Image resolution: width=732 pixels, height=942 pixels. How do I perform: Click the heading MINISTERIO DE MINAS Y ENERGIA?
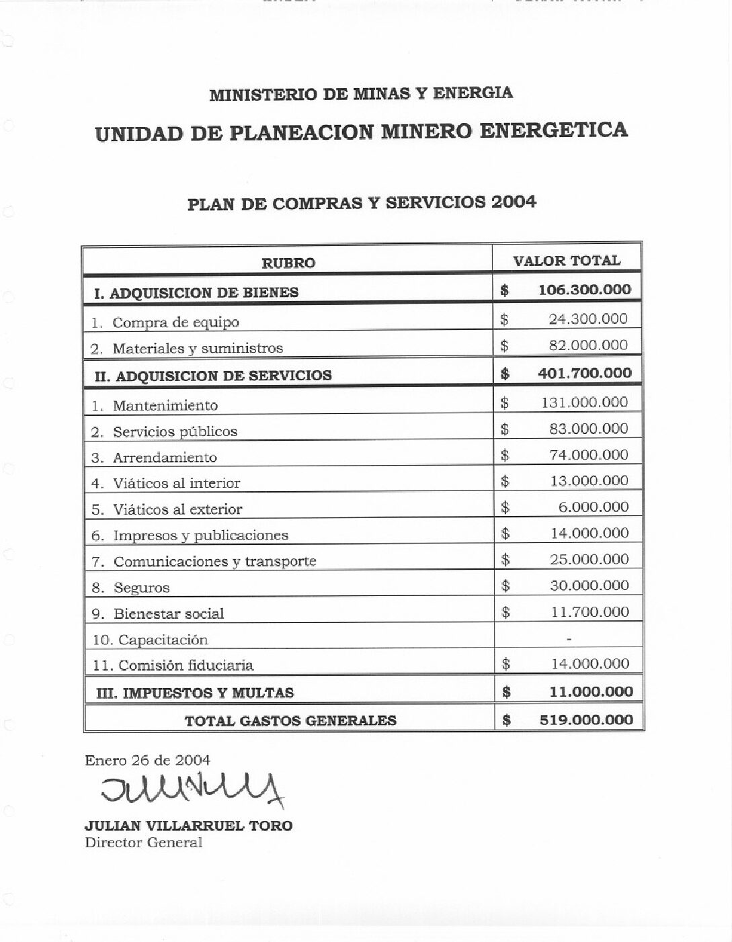click(361, 94)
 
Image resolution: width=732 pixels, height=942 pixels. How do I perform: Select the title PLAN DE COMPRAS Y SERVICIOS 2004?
click(362, 204)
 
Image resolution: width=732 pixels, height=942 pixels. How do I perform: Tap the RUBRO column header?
click(288, 263)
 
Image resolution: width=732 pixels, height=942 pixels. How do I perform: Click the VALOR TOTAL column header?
click(567, 261)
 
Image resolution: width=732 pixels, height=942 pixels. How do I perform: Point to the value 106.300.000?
click(585, 290)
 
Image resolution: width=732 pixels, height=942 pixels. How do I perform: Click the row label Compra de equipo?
click(175, 323)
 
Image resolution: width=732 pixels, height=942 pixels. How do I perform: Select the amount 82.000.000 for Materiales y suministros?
click(588, 345)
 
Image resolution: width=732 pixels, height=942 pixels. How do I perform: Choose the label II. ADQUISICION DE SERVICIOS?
click(213, 376)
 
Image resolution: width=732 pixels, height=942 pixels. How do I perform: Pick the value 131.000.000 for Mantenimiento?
click(585, 402)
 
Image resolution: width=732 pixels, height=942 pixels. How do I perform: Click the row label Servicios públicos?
click(175, 431)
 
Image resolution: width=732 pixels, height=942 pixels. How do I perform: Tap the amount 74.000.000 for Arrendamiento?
click(588, 455)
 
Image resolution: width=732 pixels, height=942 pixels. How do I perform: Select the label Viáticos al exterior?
click(177, 509)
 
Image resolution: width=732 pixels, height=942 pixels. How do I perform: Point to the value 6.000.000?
click(594, 507)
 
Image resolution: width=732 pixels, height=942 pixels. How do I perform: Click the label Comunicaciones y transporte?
click(214, 562)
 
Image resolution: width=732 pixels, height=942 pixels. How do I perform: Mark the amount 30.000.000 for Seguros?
click(589, 585)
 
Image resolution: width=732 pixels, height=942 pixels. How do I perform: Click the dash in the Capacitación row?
click(569, 638)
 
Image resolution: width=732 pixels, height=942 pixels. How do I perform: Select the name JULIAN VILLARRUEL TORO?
click(188, 826)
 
